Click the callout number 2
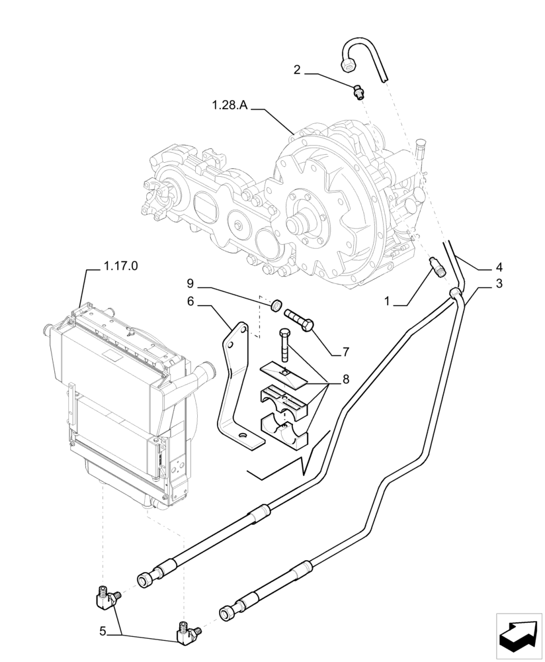click(x=298, y=69)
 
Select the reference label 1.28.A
click(x=231, y=105)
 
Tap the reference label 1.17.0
click(x=121, y=267)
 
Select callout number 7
click(x=345, y=352)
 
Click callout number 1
click(x=390, y=302)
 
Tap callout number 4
click(x=499, y=267)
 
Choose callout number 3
click(x=499, y=284)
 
